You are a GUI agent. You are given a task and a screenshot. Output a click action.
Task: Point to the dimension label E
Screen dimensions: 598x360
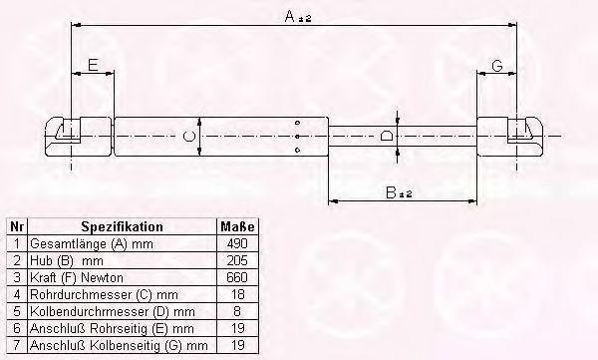click(93, 65)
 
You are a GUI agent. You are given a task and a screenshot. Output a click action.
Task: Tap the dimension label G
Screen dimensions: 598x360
click(497, 66)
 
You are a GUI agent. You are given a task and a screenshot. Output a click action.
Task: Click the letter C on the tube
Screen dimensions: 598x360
click(188, 136)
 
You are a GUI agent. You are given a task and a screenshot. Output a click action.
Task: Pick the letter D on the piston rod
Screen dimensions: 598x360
click(386, 136)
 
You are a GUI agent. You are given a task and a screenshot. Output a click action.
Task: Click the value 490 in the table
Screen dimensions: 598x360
click(237, 243)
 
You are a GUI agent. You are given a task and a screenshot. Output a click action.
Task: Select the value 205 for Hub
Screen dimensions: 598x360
click(237, 260)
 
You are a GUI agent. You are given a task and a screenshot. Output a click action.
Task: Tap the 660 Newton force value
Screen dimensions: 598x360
click(237, 277)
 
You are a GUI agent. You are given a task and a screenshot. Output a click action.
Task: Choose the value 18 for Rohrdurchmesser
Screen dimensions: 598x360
click(237, 294)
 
